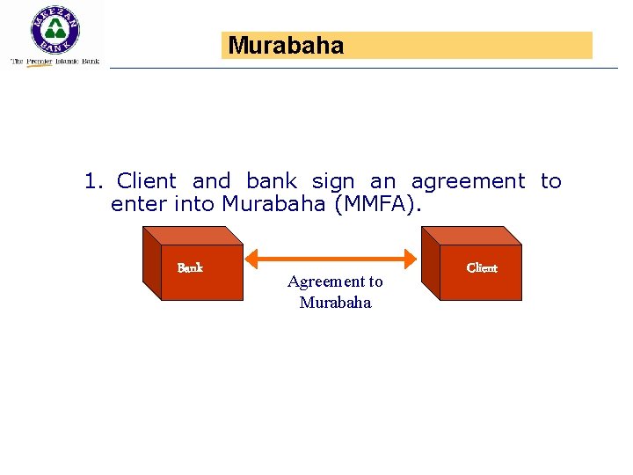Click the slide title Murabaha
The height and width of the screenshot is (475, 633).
[x=287, y=46]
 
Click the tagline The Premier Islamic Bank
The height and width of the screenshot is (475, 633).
[x=55, y=62]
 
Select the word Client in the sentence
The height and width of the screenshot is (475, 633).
[x=146, y=182]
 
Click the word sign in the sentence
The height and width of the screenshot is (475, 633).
[x=333, y=182]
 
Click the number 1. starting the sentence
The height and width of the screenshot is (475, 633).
[x=94, y=182]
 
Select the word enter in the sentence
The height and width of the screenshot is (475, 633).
[x=138, y=205]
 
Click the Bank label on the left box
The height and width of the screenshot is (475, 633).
[x=190, y=267]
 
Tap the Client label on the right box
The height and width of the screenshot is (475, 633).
[x=482, y=267]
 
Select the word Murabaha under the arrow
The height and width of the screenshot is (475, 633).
[x=335, y=303]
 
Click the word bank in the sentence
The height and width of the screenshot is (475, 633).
[x=272, y=182]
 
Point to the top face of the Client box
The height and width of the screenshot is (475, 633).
[x=470, y=235]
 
